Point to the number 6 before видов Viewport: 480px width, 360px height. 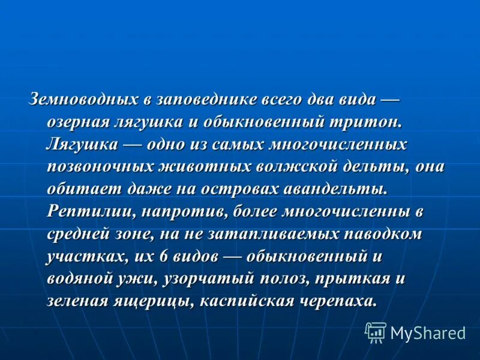(162, 257)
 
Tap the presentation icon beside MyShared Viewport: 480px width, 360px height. (376, 332)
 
